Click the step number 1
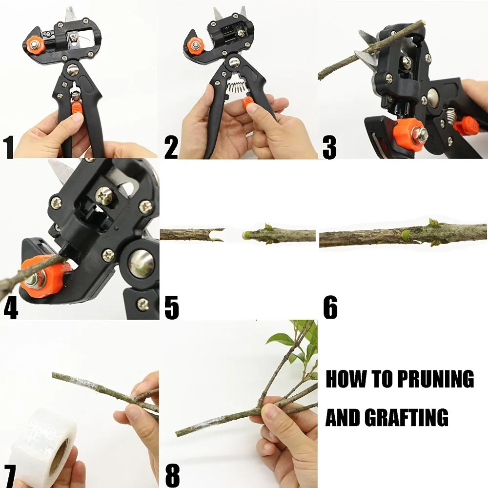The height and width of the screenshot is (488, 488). pos(8,147)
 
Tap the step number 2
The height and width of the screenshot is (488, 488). pos(171,147)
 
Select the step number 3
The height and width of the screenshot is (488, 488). pos(329,147)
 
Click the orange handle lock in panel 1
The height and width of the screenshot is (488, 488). pos(77,107)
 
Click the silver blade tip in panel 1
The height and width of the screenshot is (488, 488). pos(70,13)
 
